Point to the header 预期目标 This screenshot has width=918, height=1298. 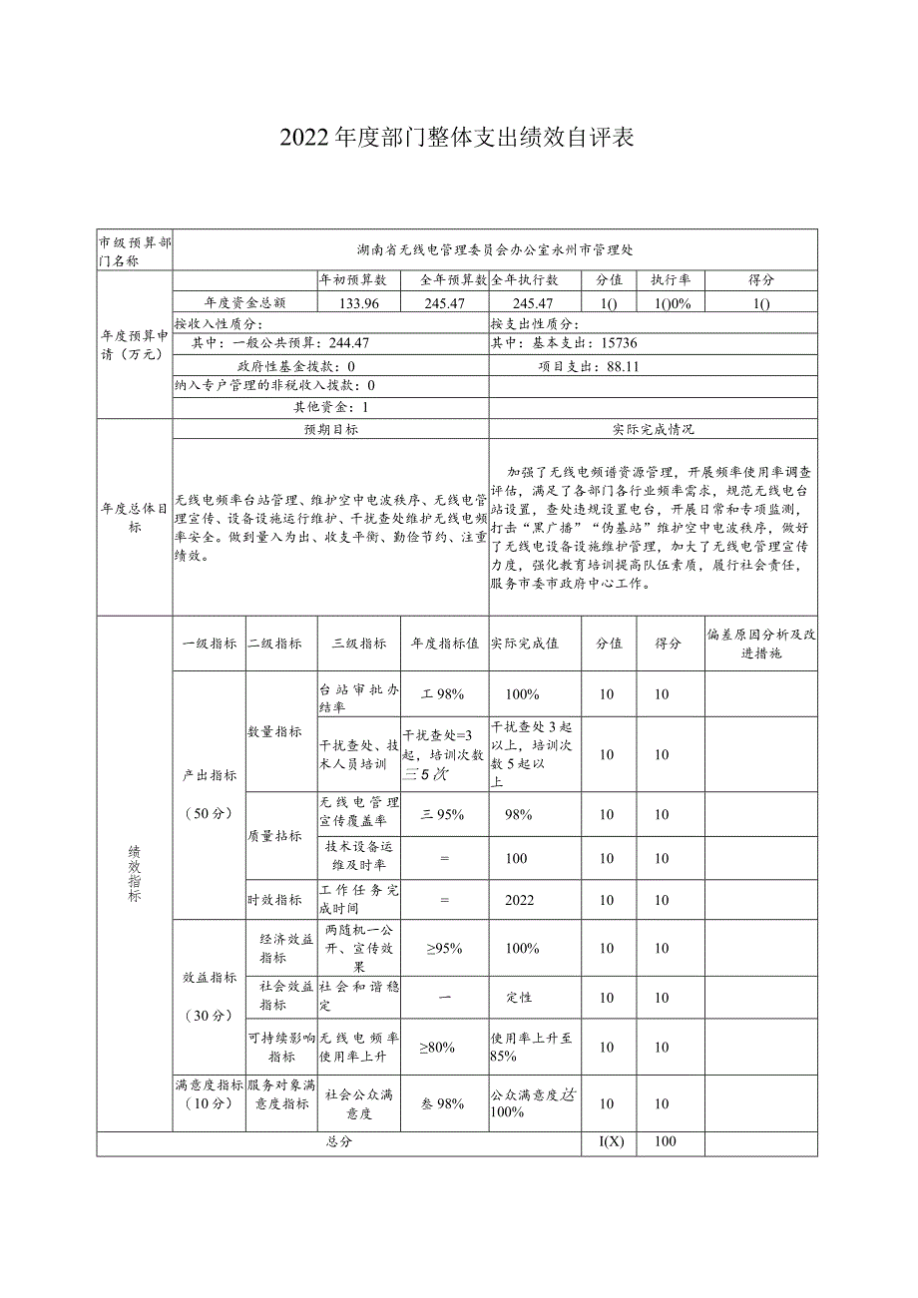(331, 429)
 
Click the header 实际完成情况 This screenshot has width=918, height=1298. (653, 429)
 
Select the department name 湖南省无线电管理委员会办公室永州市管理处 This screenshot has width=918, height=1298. (495, 248)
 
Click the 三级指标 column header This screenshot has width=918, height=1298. (358, 644)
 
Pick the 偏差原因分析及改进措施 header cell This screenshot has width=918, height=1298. (760, 644)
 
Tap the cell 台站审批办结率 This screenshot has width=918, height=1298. (358, 697)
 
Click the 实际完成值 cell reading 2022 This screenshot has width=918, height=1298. (519, 900)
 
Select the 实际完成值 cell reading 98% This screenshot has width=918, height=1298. (518, 814)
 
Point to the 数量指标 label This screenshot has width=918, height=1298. (274, 731)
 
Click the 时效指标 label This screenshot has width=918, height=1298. (274, 900)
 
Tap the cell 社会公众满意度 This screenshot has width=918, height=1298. (358, 1103)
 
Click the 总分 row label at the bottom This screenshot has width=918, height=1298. (339, 1141)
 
